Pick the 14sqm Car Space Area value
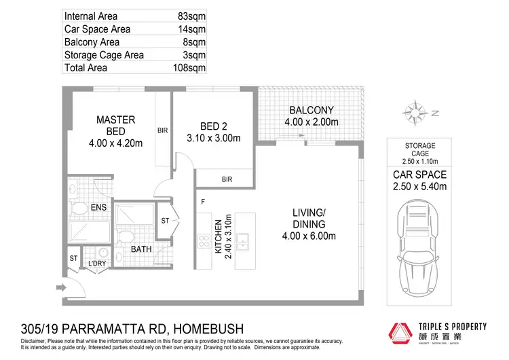click(191, 29)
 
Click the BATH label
click(141, 249)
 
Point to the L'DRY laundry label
click(98, 264)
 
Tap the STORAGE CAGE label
click(419, 150)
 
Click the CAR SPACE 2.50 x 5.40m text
click(420, 179)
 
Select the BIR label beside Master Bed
click(162, 130)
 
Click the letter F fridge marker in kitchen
click(203, 201)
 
